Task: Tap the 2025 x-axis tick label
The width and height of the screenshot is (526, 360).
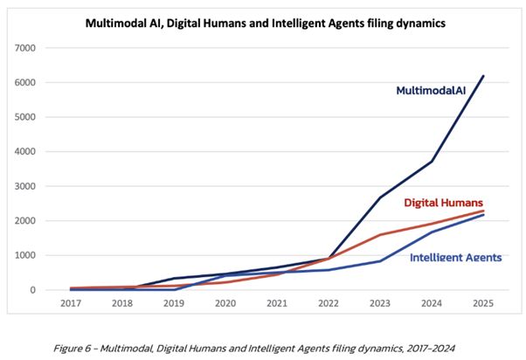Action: click(x=482, y=305)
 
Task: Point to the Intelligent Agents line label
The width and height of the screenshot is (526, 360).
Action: click(x=455, y=257)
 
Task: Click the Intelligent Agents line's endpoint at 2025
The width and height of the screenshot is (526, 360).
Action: click(x=482, y=214)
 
